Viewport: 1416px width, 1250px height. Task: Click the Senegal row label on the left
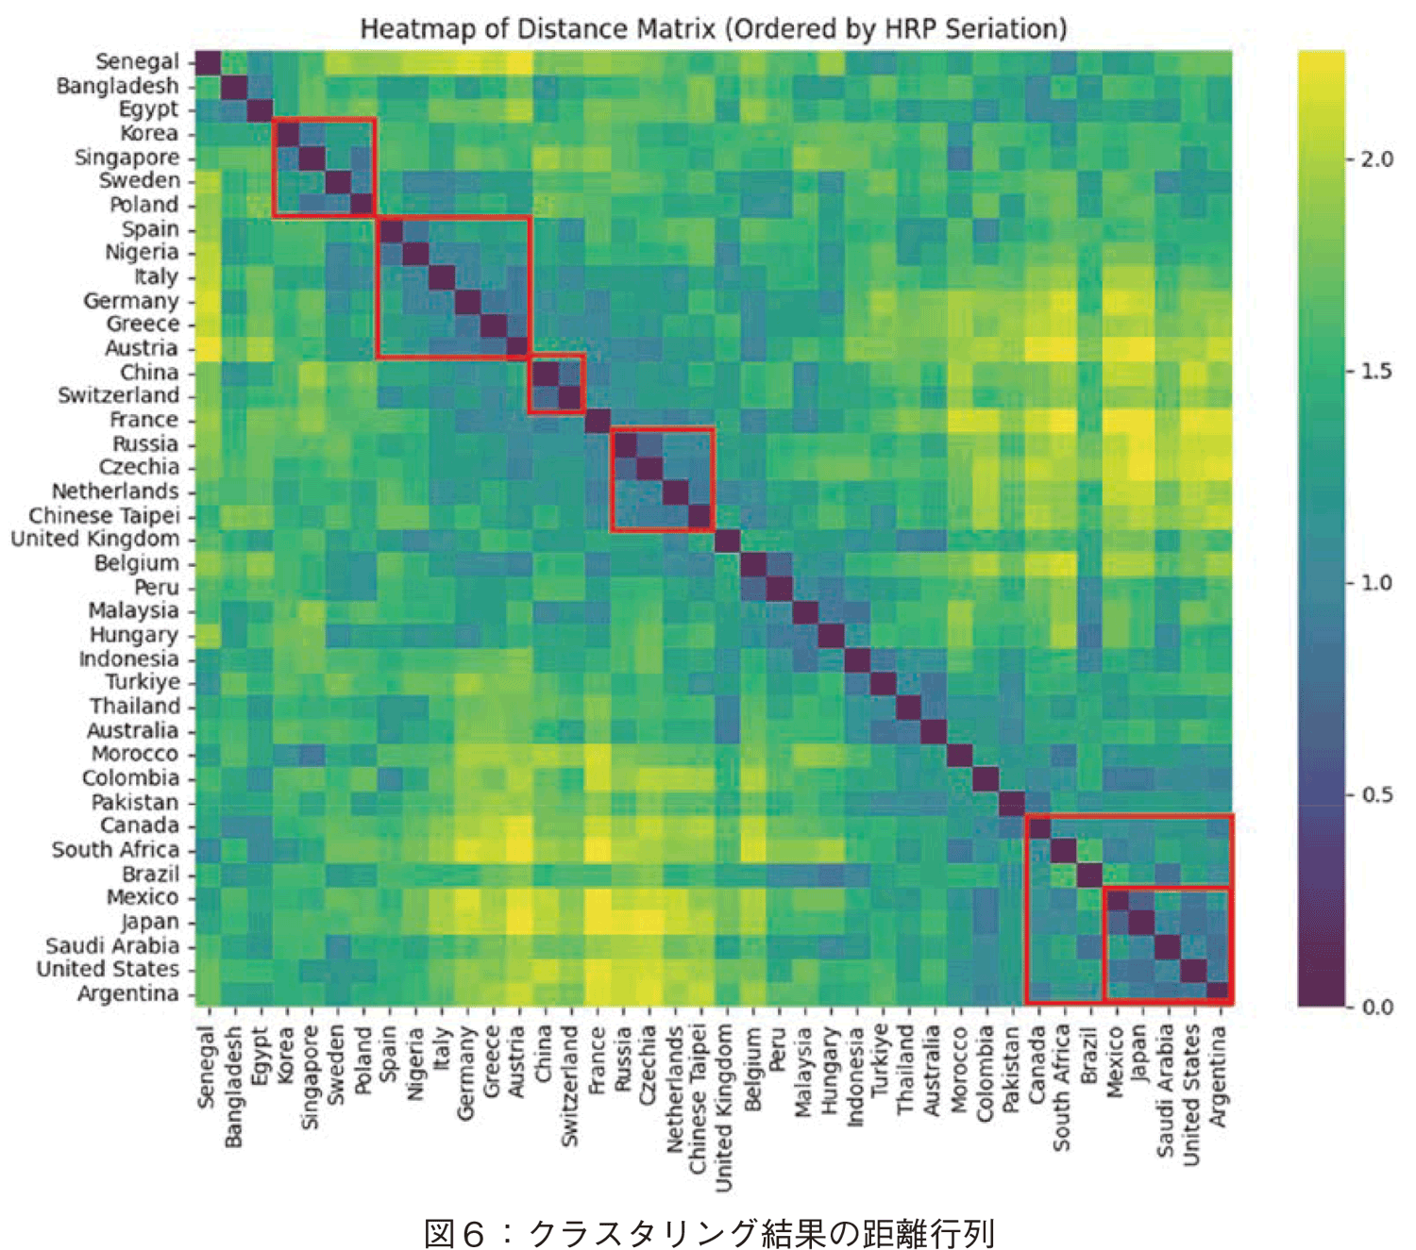[x=137, y=62]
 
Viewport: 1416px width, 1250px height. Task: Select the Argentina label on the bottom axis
[x=1219, y=1076]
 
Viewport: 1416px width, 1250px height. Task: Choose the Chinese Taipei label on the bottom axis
[x=700, y=1100]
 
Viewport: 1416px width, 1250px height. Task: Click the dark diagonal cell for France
[x=598, y=420]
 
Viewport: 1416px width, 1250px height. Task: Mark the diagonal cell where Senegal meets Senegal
[x=208, y=62]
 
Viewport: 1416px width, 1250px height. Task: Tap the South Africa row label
[x=115, y=850]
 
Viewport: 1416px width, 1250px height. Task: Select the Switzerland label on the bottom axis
[x=570, y=1086]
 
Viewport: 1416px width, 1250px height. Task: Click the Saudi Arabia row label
[x=112, y=945]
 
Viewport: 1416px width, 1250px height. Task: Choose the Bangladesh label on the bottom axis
[x=234, y=1088]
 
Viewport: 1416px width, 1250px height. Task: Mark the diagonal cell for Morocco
[x=960, y=755]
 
